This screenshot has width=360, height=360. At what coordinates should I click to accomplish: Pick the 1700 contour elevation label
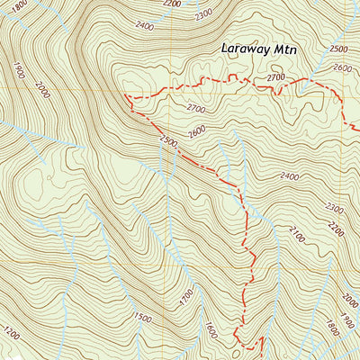[x=186, y=295]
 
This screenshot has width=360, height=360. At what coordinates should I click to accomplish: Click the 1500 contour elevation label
[x=141, y=317]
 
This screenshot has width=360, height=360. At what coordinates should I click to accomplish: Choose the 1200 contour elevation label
[x=11, y=335]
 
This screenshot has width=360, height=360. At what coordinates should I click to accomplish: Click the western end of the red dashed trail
[x=125, y=95]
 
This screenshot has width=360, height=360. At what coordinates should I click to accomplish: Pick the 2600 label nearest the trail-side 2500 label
[x=198, y=130]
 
